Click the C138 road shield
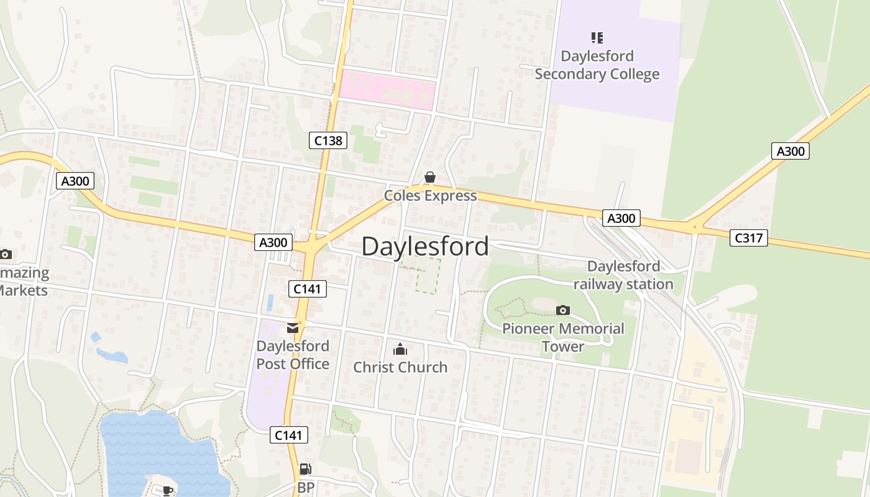(x=328, y=140)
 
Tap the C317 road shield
(x=748, y=237)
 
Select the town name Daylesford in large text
(x=425, y=247)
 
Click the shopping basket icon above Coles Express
(x=429, y=178)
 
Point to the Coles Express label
(x=430, y=196)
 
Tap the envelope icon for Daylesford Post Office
(x=293, y=328)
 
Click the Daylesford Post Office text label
(x=293, y=355)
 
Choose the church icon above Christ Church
(x=400, y=349)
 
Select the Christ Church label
(x=400, y=367)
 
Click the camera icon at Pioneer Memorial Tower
(x=563, y=310)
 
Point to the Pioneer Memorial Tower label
(x=563, y=337)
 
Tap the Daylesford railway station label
(x=623, y=275)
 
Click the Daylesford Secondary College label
(x=597, y=65)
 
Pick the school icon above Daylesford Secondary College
(x=597, y=38)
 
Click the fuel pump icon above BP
(x=305, y=470)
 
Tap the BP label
(x=306, y=488)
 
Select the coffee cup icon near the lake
(x=167, y=491)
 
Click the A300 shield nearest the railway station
(x=621, y=218)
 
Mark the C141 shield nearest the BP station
(x=289, y=435)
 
